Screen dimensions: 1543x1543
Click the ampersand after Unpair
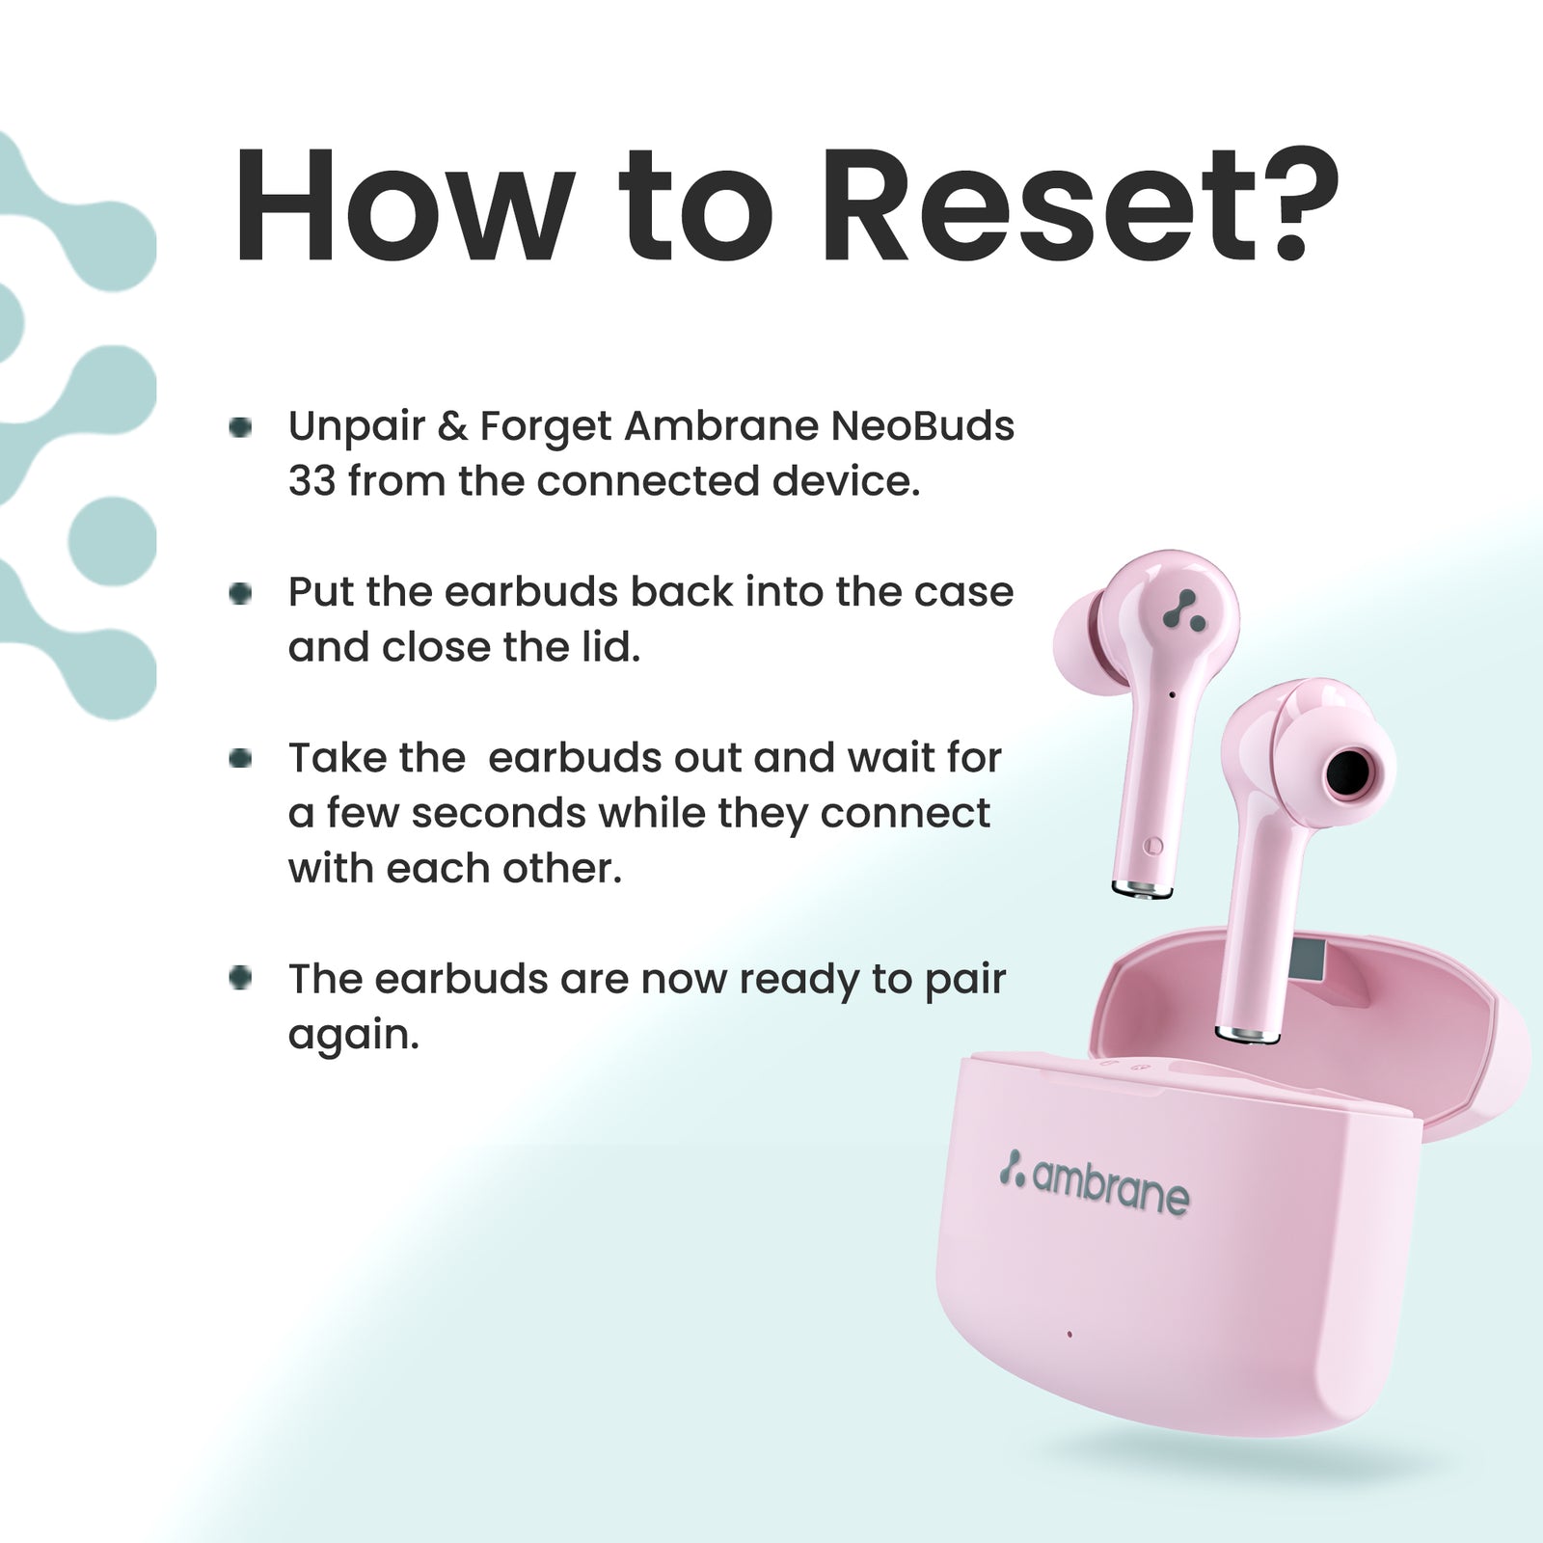452,425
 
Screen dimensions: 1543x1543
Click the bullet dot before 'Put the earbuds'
240,593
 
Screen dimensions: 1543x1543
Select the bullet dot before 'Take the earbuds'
240,759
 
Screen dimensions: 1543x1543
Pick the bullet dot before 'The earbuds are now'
240,979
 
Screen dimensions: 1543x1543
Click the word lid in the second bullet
609,646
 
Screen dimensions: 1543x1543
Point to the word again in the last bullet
354,1038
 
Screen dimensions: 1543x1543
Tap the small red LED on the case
1069,1335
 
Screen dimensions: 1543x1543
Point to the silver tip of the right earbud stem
1248,1035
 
